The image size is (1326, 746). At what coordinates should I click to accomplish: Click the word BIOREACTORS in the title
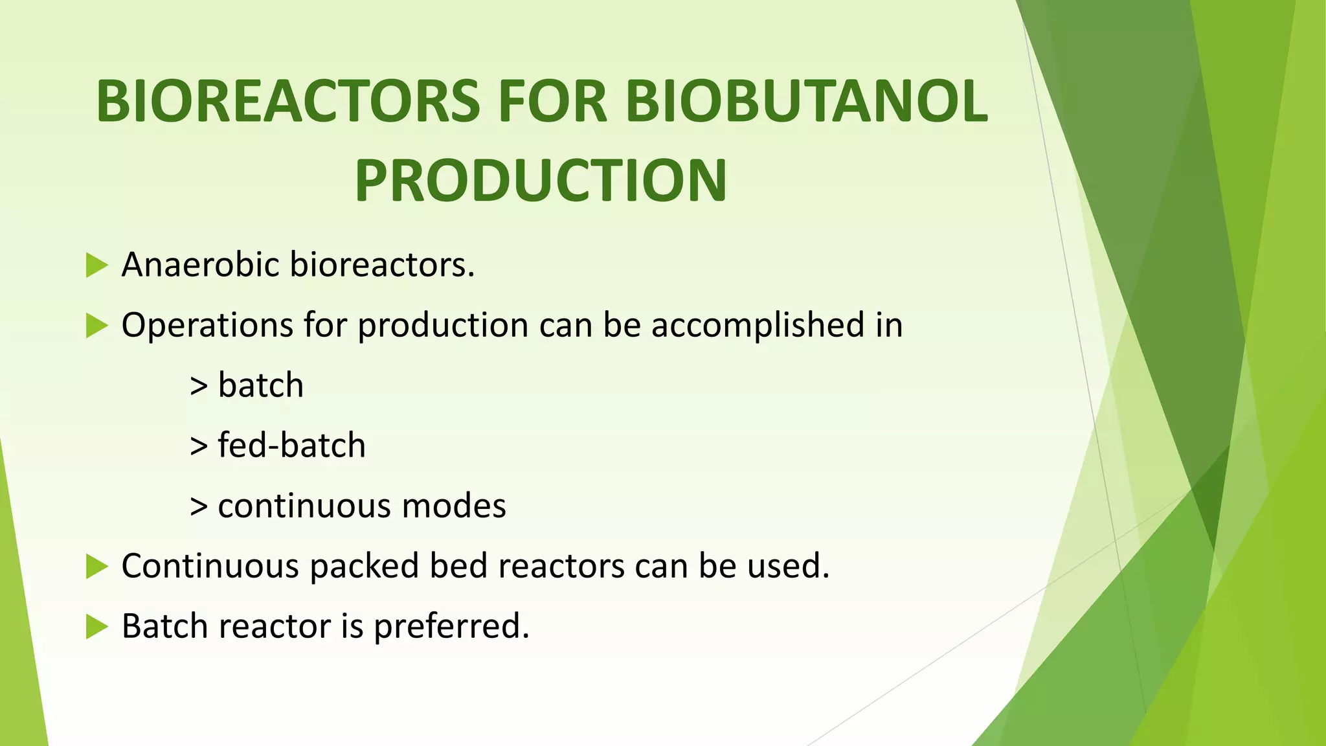click(288, 102)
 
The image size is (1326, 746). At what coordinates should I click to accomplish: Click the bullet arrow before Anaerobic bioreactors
click(96, 266)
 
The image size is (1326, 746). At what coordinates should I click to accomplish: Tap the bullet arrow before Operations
click(96, 326)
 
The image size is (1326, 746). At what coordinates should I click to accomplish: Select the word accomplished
click(758, 325)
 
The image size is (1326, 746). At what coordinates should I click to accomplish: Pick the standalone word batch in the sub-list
click(260, 385)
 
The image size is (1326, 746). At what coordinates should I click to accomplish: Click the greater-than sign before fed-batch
click(199, 446)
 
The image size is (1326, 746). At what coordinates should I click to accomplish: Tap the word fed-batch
click(291, 446)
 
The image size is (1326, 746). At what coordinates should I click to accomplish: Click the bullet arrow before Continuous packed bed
click(96, 567)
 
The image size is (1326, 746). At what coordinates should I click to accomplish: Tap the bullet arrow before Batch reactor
click(96, 627)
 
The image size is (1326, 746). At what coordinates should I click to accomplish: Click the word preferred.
click(451, 627)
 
